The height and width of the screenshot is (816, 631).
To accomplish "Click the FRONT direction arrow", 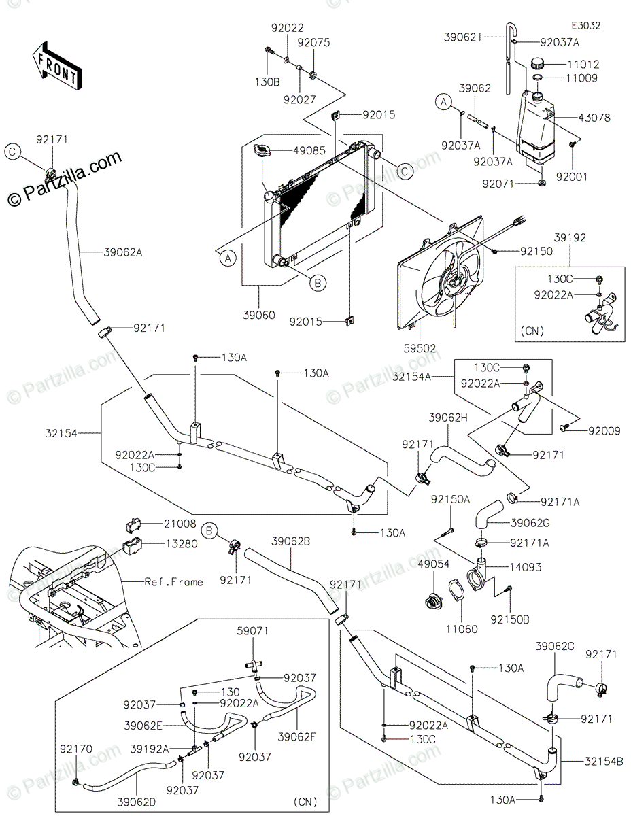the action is pyautogui.click(x=56, y=66).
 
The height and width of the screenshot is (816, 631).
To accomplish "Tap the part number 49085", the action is pyautogui.click(x=309, y=151).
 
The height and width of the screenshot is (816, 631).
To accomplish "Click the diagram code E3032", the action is pyautogui.click(x=585, y=26).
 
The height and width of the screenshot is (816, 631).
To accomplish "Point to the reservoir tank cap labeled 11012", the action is pyautogui.click(x=539, y=64).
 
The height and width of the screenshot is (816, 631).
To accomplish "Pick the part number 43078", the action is pyautogui.click(x=594, y=118).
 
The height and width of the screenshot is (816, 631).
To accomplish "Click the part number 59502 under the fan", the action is pyautogui.click(x=420, y=348).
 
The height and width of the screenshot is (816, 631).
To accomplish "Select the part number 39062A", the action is pyautogui.click(x=123, y=252).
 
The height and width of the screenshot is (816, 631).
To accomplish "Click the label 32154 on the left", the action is pyautogui.click(x=61, y=433).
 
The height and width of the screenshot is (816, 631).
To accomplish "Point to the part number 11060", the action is pyautogui.click(x=461, y=629).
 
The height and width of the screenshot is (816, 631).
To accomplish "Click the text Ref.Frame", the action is pyautogui.click(x=174, y=582).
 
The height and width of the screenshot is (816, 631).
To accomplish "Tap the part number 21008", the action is pyautogui.click(x=180, y=524).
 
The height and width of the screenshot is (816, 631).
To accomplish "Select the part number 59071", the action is pyautogui.click(x=252, y=631).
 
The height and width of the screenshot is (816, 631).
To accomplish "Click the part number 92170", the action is pyautogui.click(x=76, y=749).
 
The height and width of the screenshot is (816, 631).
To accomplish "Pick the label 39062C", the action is pyautogui.click(x=554, y=646).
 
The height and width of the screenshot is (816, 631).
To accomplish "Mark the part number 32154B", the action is pyautogui.click(x=604, y=762).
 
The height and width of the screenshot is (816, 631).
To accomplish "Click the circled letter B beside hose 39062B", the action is pyautogui.click(x=209, y=530).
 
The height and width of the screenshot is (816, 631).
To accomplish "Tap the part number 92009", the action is pyautogui.click(x=604, y=430).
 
